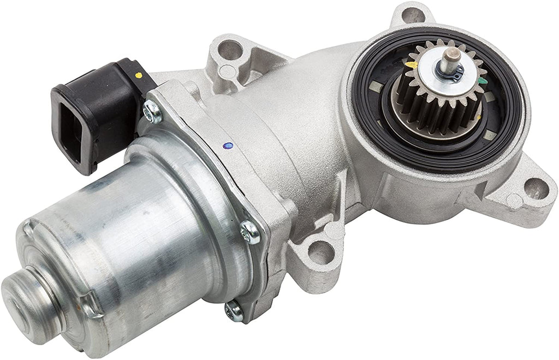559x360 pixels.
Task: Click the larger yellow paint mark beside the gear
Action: (x=415, y=65)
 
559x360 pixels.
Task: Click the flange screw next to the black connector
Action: (x=152, y=112)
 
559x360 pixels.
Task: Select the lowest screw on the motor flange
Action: (x=234, y=311)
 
